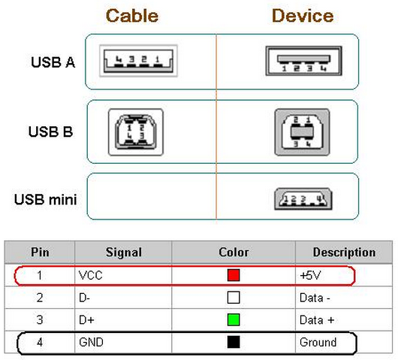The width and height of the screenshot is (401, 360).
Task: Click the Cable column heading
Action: click(132, 16)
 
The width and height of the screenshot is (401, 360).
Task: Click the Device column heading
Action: click(303, 16)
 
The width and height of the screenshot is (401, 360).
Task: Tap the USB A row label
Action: click(53, 62)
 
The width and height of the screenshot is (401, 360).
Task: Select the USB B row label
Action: click(50, 132)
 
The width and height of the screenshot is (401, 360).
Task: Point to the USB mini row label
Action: click(46, 199)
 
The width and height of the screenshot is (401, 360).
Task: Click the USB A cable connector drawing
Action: click(138, 61)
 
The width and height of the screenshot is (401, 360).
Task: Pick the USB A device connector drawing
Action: click(304, 61)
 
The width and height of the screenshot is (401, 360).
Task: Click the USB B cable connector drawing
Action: click(136, 132)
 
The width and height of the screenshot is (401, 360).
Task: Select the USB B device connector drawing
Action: click(303, 132)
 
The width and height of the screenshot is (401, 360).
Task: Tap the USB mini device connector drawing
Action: click(303, 199)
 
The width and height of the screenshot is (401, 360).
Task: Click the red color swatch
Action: click(234, 275)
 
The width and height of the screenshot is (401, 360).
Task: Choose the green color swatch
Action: click(234, 320)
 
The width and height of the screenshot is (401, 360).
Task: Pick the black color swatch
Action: click(234, 342)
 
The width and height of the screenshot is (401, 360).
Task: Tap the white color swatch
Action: click(234, 298)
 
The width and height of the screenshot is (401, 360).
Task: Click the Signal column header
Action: click(124, 253)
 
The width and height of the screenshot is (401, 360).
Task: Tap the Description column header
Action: click(344, 253)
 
